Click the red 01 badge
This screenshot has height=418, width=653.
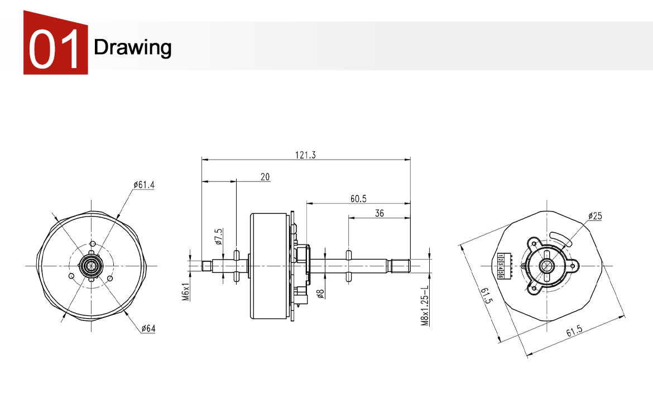(55, 45)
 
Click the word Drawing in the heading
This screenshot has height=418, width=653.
(133, 47)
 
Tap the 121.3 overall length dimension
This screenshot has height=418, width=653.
(306, 156)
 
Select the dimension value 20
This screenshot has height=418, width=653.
(265, 177)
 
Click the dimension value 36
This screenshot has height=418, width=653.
(380, 213)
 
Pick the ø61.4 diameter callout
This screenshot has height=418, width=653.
(144, 185)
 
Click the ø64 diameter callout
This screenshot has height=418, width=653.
(148, 328)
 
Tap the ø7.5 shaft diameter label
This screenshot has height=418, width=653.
(218, 237)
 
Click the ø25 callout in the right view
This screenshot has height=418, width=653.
(595, 216)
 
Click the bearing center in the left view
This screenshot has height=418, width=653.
(90, 266)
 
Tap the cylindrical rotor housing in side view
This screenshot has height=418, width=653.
(270, 266)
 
